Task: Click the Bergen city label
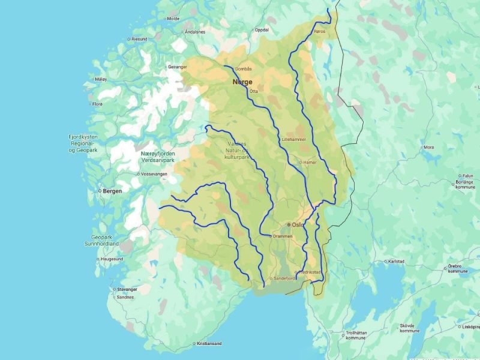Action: point(112,191)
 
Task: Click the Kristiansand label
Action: point(208,344)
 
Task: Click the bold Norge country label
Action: point(242,82)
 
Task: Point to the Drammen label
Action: point(282,236)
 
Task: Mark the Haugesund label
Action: point(111,259)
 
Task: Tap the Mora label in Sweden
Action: point(428,147)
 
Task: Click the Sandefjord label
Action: point(285,278)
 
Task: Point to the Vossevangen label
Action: point(155,174)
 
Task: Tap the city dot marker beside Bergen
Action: point(100,191)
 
